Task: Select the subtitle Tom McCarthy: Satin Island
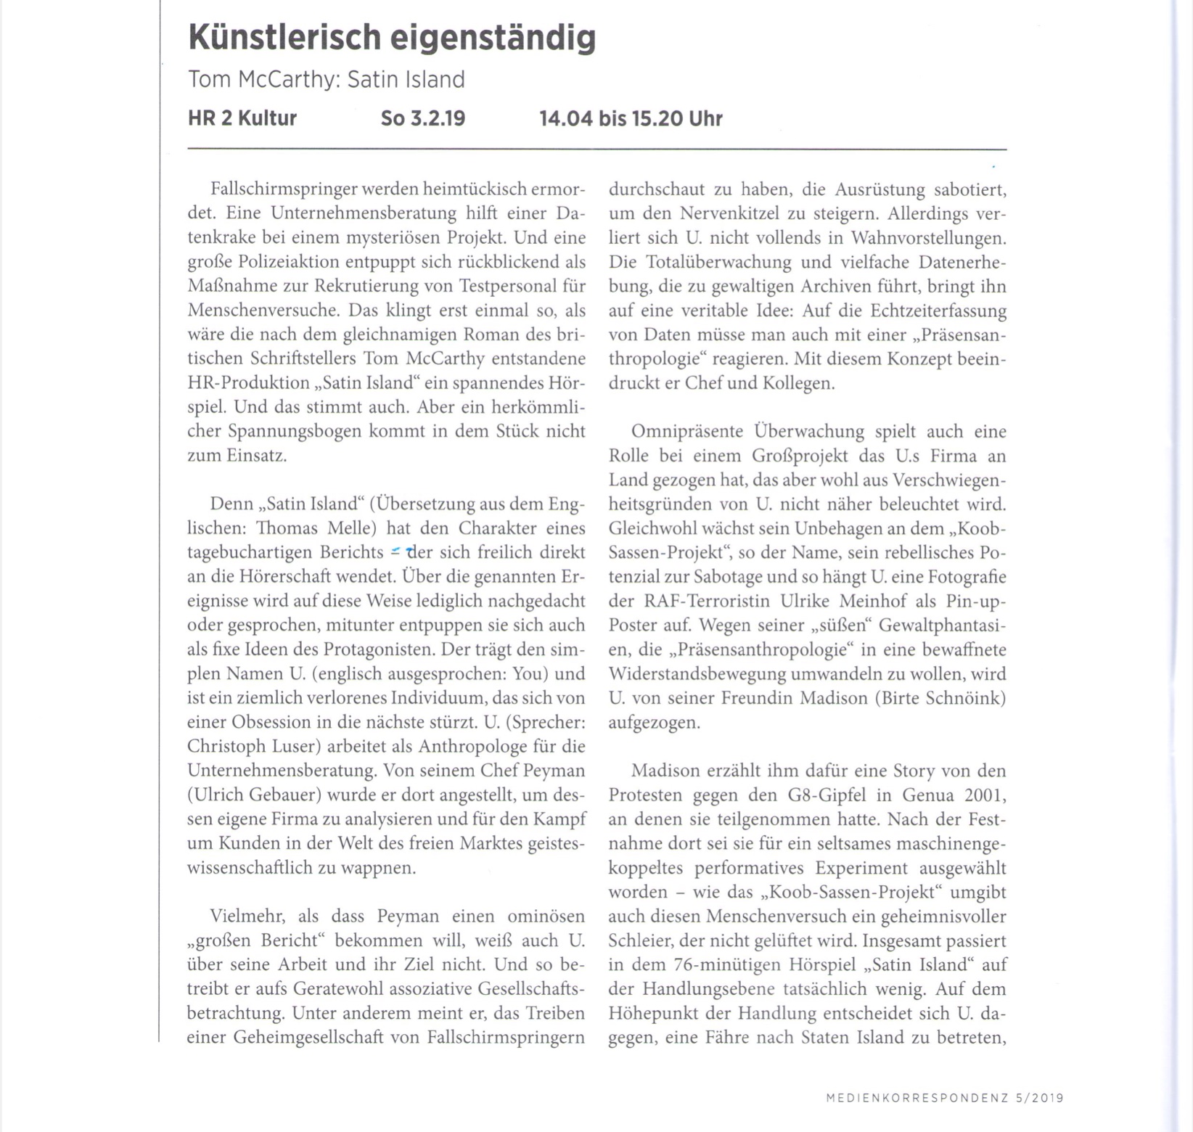[326, 79]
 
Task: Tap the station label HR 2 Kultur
[242, 118]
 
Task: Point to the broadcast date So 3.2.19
[423, 118]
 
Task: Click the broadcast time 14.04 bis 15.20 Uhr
[631, 118]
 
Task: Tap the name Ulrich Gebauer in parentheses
[254, 795]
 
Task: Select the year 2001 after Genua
[985, 795]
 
